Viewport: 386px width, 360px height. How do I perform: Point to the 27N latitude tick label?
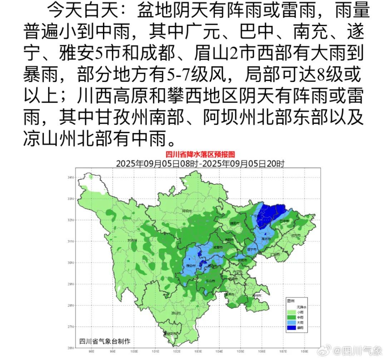[70, 327]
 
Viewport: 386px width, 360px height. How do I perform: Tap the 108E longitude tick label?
[305, 351]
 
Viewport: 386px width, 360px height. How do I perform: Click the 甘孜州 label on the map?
[132, 240]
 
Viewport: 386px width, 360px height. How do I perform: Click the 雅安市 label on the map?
[192, 266]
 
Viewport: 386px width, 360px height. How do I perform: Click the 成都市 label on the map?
[218, 247]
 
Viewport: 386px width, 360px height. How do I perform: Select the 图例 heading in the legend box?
[291, 301]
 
